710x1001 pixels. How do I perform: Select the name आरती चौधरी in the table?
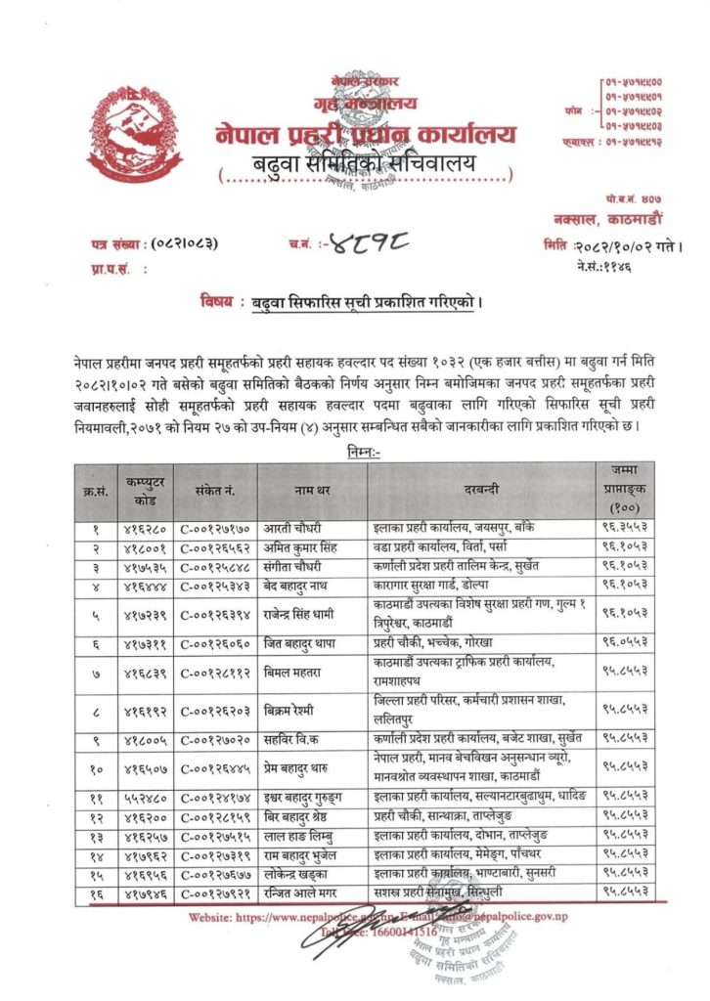[289, 528]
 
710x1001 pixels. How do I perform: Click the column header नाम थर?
[312, 489]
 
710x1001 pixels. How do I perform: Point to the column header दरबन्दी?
[481, 489]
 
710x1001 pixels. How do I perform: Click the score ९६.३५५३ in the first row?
[631, 528]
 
